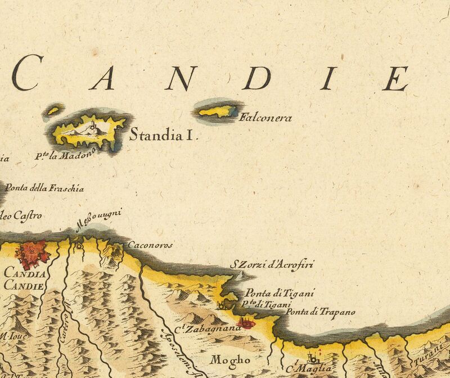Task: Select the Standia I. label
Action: pos(164,135)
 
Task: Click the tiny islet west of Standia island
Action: pos(53,110)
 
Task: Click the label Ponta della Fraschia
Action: pos(44,188)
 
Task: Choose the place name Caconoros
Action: pos(150,245)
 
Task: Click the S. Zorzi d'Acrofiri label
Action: pos(273,264)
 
